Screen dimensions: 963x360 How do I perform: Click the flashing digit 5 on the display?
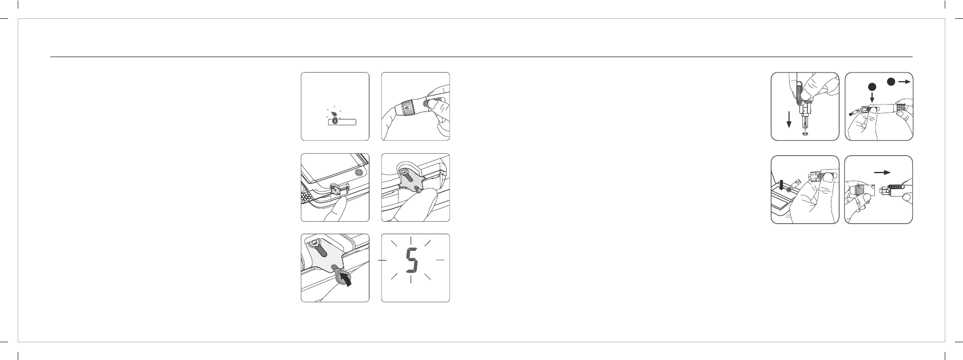411,261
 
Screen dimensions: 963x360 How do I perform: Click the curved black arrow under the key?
345,278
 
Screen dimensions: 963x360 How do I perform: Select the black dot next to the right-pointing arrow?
891,82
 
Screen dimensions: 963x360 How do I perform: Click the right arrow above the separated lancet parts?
882,172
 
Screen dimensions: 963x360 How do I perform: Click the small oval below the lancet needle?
805,134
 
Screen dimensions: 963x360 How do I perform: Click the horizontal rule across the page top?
481,57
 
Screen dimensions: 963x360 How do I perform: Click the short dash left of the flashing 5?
382,261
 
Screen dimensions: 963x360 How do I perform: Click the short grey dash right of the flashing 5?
439,260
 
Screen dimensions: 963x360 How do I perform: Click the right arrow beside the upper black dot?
905,82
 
